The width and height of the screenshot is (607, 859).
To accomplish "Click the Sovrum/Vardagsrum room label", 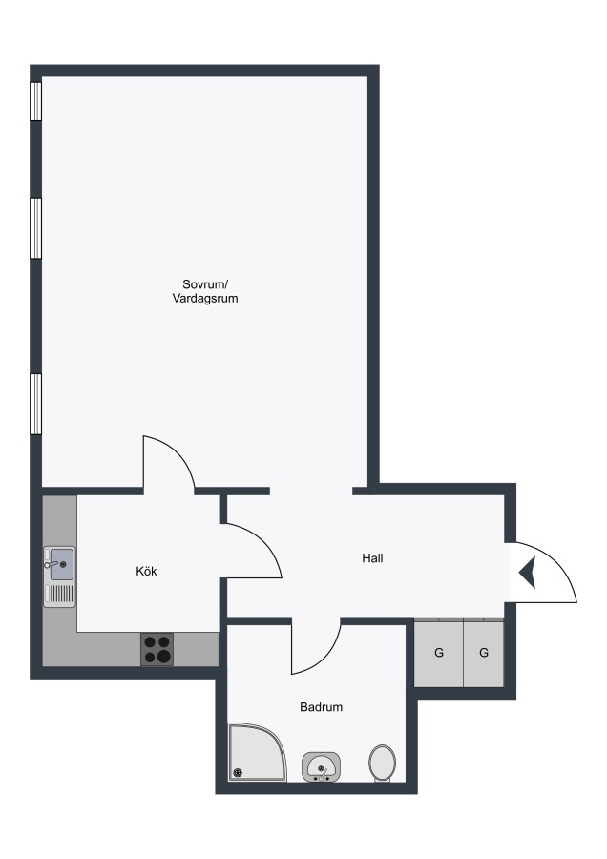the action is click(205, 291).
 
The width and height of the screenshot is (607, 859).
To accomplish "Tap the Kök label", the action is click(146, 571).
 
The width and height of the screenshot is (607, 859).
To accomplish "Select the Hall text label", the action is click(372, 558).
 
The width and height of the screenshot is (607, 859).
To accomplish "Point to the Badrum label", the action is click(321, 706).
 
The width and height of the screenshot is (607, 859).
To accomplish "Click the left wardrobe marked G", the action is click(439, 653).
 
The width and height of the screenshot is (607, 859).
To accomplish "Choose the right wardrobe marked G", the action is click(484, 653).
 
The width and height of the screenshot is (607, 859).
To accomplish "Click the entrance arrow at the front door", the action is click(528, 572).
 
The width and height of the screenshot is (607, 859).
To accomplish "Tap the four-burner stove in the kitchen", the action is click(157, 649).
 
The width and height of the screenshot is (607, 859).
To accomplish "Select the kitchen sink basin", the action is click(62, 564).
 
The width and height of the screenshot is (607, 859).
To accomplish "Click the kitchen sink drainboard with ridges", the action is click(60, 594).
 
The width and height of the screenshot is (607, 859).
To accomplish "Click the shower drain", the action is click(238, 772).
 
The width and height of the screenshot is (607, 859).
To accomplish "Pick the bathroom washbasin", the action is click(321, 766).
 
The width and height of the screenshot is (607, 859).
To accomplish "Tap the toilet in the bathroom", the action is click(383, 763).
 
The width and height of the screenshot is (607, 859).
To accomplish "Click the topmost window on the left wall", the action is click(35, 101).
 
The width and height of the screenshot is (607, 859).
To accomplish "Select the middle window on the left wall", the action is click(35, 227).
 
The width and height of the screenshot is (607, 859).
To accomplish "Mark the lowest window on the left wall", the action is click(35, 405).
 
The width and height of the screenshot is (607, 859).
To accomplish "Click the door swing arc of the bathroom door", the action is click(326, 660).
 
